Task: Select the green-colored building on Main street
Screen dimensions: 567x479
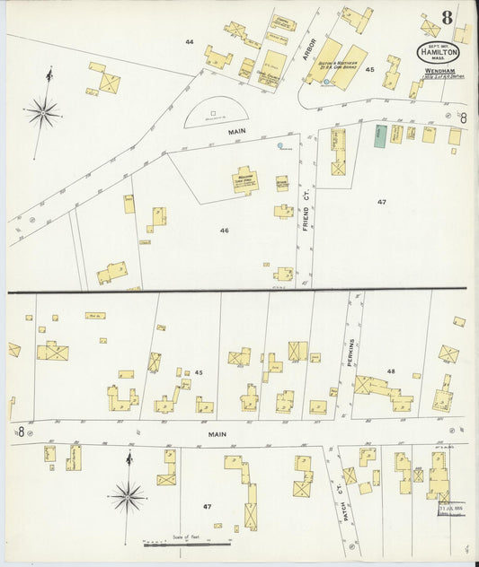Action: click(x=379, y=135)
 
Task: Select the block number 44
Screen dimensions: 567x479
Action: click(x=189, y=42)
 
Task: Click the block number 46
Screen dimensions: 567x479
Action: click(x=224, y=231)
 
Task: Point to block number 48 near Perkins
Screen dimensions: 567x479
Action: click(x=391, y=371)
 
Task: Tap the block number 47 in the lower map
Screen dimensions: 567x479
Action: click(x=207, y=507)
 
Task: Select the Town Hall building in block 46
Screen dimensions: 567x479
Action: click(x=244, y=179)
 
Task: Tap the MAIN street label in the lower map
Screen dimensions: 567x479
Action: click(x=214, y=434)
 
